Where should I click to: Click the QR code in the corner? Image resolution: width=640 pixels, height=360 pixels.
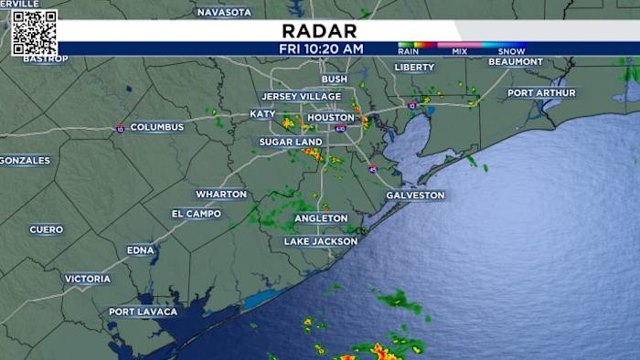click(x=35, y=33)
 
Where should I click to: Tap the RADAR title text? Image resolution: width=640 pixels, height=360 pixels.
click(x=321, y=29)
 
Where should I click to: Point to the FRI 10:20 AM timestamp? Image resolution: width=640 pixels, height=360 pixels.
click(x=321, y=48)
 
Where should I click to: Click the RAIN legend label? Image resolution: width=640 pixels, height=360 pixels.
click(x=410, y=52)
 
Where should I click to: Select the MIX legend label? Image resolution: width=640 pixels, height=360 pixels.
click(x=459, y=52)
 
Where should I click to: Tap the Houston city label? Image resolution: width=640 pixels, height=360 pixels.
click(x=330, y=118)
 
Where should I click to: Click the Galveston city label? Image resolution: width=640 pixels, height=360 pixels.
click(x=415, y=196)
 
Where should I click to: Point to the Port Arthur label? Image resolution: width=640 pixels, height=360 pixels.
click(x=542, y=93)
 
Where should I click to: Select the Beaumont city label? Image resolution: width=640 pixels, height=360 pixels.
click(x=516, y=62)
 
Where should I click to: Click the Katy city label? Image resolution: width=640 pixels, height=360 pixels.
click(x=262, y=114)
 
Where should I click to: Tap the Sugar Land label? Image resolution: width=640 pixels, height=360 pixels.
click(x=290, y=143)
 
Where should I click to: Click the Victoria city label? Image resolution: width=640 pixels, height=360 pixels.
click(x=88, y=279)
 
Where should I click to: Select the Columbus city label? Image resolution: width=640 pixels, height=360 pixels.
click(x=156, y=127)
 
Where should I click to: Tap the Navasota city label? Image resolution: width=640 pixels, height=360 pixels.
click(x=224, y=12)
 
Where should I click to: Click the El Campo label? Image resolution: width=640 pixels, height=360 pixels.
click(x=196, y=214)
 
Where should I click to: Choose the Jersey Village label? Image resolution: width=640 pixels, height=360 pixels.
click(x=301, y=97)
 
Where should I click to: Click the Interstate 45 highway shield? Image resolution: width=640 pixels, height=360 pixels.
click(x=373, y=169)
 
